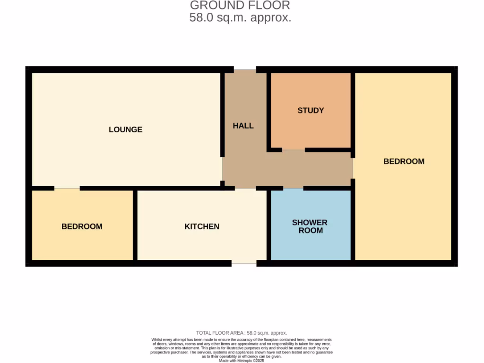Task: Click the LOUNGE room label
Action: click(x=125, y=130)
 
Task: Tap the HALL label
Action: click(x=243, y=126)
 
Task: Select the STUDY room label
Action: click(x=311, y=111)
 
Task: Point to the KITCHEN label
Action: click(x=202, y=226)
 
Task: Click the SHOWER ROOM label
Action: click(x=310, y=226)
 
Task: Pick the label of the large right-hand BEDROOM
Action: click(x=404, y=161)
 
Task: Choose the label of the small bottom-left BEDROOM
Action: click(x=82, y=226)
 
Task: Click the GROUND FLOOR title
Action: click(x=240, y=6)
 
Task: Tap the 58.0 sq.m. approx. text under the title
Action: click(x=240, y=18)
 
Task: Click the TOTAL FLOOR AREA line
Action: click(x=242, y=333)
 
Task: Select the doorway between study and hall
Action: click(x=294, y=150)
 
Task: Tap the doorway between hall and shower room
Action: click(x=293, y=188)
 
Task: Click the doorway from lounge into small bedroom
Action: click(x=67, y=188)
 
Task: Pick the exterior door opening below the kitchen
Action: click(x=244, y=263)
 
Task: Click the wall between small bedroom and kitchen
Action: click(x=135, y=225)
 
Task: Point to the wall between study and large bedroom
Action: click(x=353, y=113)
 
